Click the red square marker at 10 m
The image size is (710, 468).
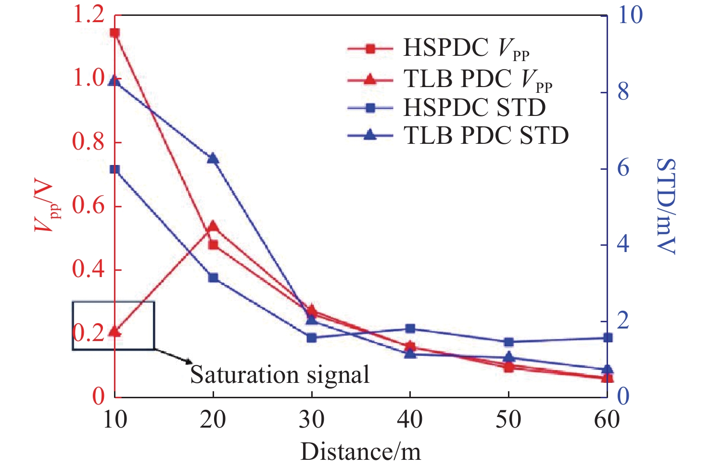coord(114,33)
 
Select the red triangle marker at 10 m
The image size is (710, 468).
coord(114,331)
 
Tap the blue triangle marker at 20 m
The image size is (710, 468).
coord(213,158)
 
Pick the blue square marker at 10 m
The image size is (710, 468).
coord(114,169)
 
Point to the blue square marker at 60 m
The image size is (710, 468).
coord(608,338)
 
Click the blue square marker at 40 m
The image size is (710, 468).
coord(410,329)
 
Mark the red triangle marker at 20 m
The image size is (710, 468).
coord(213,226)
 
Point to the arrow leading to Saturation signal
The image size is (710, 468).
coord(173,356)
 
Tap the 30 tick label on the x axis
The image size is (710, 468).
coord(311,420)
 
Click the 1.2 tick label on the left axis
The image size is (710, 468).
coord(89,14)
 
